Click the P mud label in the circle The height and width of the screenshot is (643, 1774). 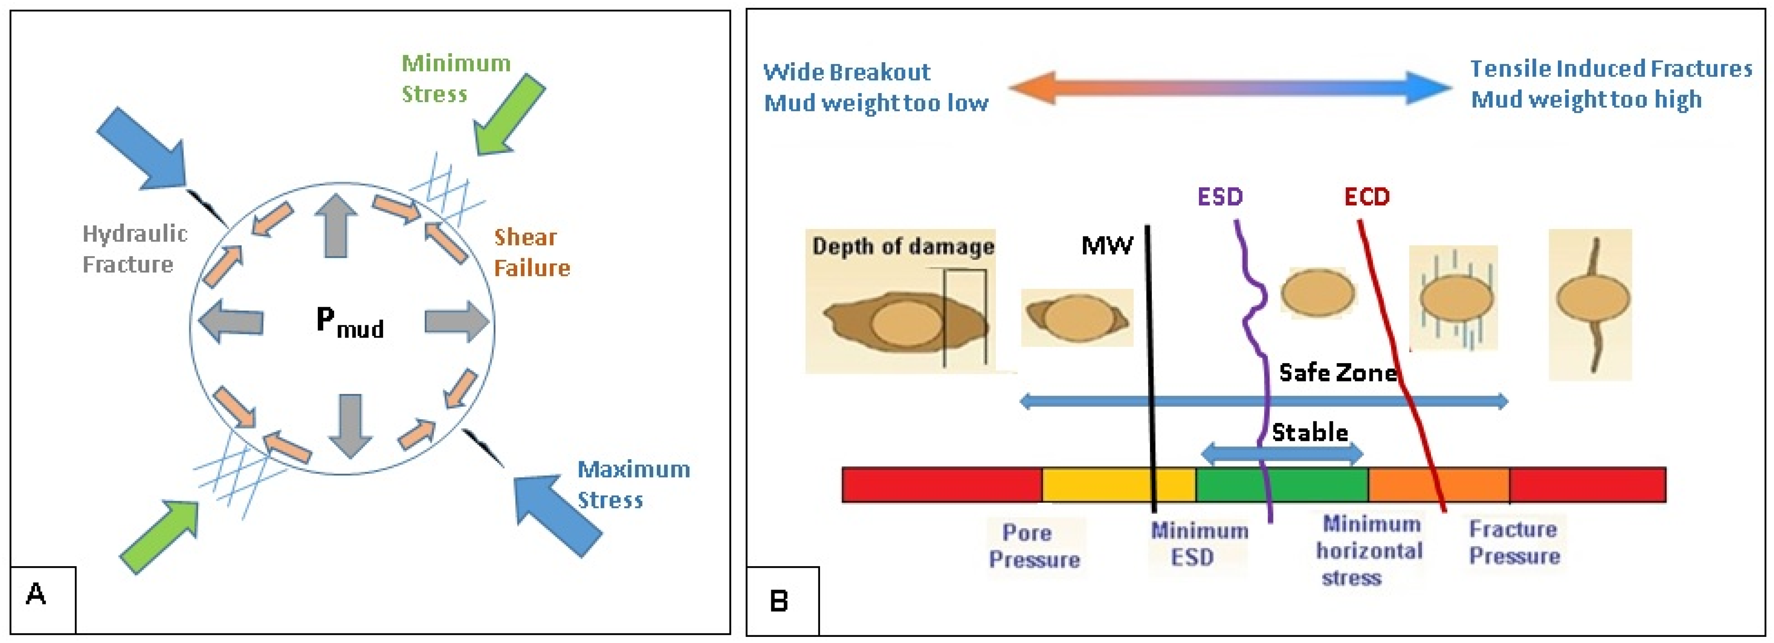coord(349,322)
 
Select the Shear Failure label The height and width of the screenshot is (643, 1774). coord(532,252)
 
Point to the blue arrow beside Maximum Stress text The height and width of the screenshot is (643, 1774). coord(556,513)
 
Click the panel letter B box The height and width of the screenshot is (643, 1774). coord(782,600)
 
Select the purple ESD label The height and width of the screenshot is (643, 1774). coord(1220,197)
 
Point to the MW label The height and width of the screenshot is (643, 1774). coord(1106,246)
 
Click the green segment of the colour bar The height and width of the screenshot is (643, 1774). coord(1281,485)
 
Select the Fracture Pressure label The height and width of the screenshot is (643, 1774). coord(1514,543)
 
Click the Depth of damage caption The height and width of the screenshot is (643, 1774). coord(902,246)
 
